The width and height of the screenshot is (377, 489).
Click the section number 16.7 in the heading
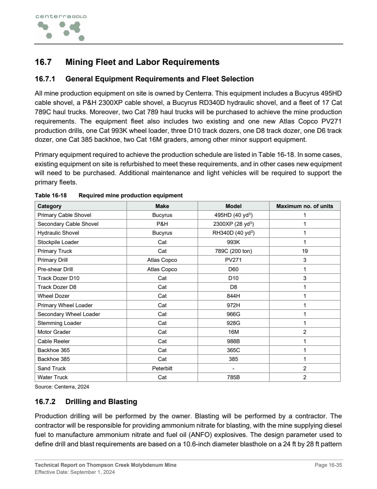tap(44, 62)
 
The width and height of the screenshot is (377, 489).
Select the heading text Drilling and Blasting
tap(101, 402)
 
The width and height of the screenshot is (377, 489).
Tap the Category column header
tap(50, 206)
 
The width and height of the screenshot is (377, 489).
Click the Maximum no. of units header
tap(305, 206)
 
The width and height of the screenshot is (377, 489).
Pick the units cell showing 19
tap(305, 251)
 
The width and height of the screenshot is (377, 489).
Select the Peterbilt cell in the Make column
tap(162, 369)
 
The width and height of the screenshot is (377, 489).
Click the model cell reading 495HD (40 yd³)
tap(234, 215)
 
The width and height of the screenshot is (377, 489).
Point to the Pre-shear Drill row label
tap(55, 269)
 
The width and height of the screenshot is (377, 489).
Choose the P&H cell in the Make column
tap(162, 224)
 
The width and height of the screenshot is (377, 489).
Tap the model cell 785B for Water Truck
tap(234, 377)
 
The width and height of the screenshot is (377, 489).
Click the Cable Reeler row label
tap(54, 341)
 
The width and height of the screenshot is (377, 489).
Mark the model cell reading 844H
tap(234, 296)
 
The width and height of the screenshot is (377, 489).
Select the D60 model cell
tap(234, 269)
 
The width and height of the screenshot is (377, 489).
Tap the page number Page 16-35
tap(328, 465)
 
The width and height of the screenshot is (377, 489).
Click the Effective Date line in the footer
tap(75, 472)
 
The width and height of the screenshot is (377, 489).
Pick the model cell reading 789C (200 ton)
tap(234, 251)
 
